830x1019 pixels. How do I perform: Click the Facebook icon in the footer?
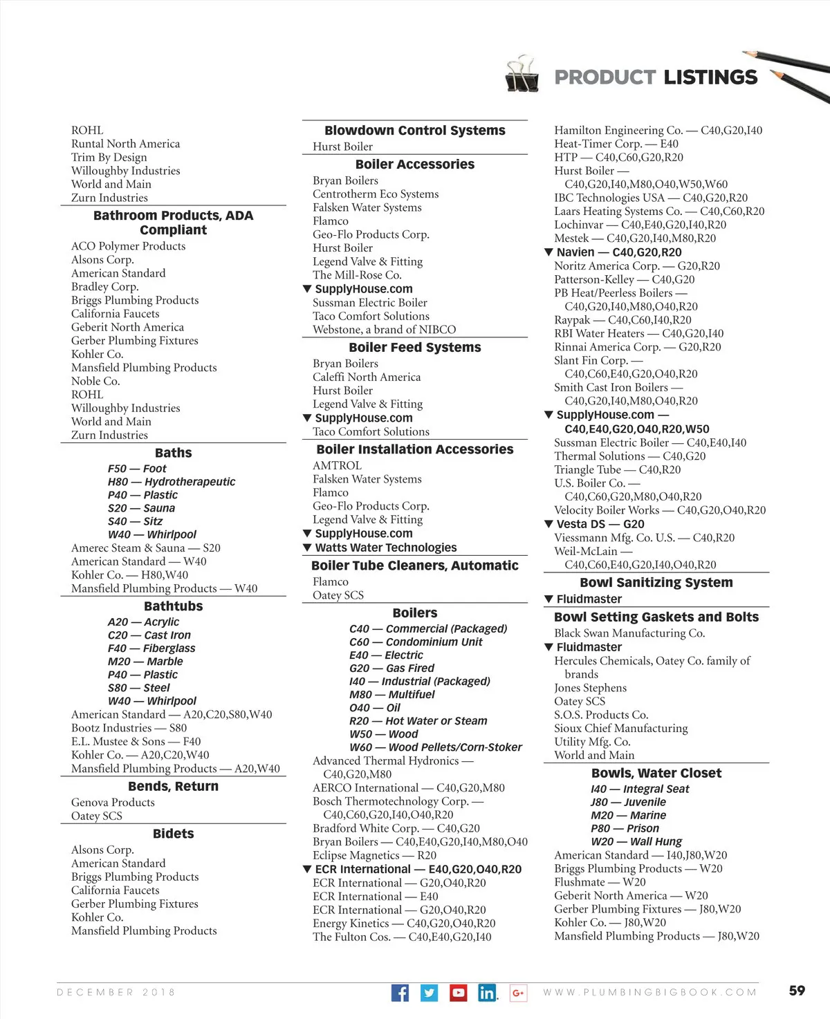pos(400,993)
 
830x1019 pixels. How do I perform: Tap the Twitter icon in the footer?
pos(429,993)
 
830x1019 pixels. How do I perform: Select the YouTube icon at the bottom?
pos(458,993)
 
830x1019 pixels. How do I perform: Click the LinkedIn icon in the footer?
pos(487,993)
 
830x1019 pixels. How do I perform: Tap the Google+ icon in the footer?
pos(518,993)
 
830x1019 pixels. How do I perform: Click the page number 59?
pos(797,990)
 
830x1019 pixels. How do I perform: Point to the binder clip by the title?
pos(522,74)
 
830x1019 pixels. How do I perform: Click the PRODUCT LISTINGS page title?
pos(656,77)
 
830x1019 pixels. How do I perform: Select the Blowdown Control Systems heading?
pos(414,130)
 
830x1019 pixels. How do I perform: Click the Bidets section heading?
pos(173,834)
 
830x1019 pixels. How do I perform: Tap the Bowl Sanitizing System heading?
pos(656,582)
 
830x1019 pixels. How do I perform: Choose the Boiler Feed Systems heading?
pos(414,347)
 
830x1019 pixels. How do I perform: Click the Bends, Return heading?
pos(173,786)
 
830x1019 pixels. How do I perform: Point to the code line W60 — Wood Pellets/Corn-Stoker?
pos(435,747)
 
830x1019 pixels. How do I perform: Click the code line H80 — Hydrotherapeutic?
pos(171,481)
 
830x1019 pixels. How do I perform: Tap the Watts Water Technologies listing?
pos(385,548)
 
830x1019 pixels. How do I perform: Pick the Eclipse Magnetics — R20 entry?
pos(374,855)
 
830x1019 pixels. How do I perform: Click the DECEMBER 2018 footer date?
pos(116,992)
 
